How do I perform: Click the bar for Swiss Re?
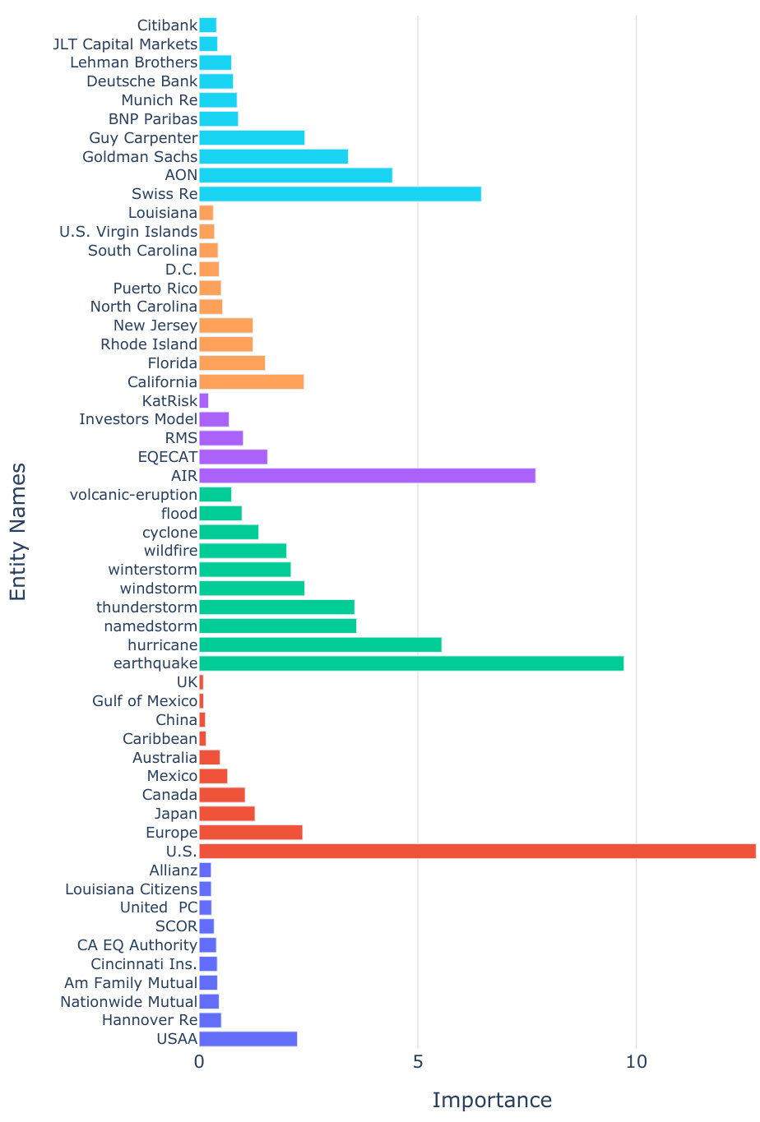point(340,194)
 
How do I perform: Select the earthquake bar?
point(411,663)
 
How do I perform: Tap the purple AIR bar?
point(367,476)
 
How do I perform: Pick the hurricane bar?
point(320,644)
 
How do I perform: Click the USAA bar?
point(248,1039)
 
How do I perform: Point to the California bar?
point(251,381)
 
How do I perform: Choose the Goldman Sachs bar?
point(273,156)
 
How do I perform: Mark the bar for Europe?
point(250,833)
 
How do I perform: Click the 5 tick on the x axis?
point(418,1062)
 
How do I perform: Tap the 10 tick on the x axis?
point(637,1062)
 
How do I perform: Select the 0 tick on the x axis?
point(199,1062)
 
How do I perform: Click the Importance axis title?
point(492,1101)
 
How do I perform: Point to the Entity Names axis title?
point(18,532)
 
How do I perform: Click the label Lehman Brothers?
point(134,62)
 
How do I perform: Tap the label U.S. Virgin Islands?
point(128,232)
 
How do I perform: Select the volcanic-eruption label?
point(133,495)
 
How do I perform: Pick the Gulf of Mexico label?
point(145,701)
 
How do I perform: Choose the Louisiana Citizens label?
point(132,889)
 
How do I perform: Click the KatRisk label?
point(169,401)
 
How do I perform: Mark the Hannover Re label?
point(150,1020)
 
